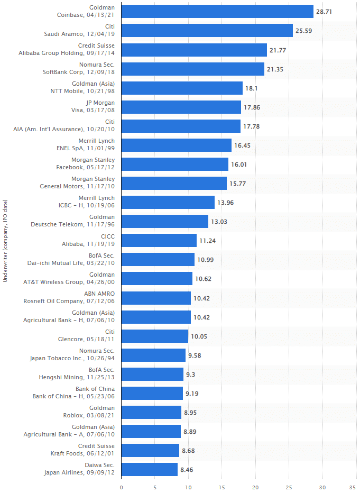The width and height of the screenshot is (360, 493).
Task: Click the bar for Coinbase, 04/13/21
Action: pos(217,12)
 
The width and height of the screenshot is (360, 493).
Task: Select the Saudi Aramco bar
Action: pos(207,31)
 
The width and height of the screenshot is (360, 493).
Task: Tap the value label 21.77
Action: pos(278,50)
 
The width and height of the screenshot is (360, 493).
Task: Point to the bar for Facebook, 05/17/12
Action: pos(174,164)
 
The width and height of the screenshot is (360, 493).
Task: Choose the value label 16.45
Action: pos(242,145)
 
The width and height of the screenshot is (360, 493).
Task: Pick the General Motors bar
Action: pos(174,183)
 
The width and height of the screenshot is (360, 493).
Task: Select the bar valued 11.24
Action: pos(159,240)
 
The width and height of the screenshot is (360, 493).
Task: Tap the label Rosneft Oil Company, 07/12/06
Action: pos(69,300)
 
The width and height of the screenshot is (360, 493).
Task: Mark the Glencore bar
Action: pos(154,336)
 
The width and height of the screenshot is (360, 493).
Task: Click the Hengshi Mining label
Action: pos(77,377)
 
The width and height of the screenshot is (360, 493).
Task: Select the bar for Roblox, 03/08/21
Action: pos(151,412)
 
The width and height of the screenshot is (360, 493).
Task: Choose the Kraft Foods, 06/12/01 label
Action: pos(82,453)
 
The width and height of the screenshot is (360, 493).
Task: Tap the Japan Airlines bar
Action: pos(149,469)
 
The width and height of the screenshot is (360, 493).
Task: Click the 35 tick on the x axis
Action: pos(353,487)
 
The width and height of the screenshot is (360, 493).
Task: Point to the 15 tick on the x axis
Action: pos(221,487)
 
